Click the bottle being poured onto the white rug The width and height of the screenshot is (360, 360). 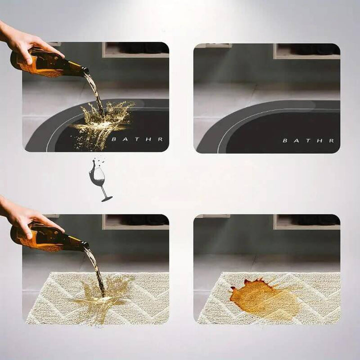coord(48,237)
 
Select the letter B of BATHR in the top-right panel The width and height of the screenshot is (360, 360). coord(285,140)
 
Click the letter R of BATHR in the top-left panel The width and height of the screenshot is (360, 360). coord(160,139)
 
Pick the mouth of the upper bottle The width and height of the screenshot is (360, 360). coord(86,70)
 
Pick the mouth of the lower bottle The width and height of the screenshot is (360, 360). coord(86,244)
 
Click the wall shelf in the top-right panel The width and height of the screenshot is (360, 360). coord(306,51)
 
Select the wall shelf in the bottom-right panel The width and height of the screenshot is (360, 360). coord(306,222)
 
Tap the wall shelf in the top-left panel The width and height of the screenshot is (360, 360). coord(135,50)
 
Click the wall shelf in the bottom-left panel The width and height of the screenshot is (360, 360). coord(135,222)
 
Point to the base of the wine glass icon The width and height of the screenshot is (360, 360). coord(107,199)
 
